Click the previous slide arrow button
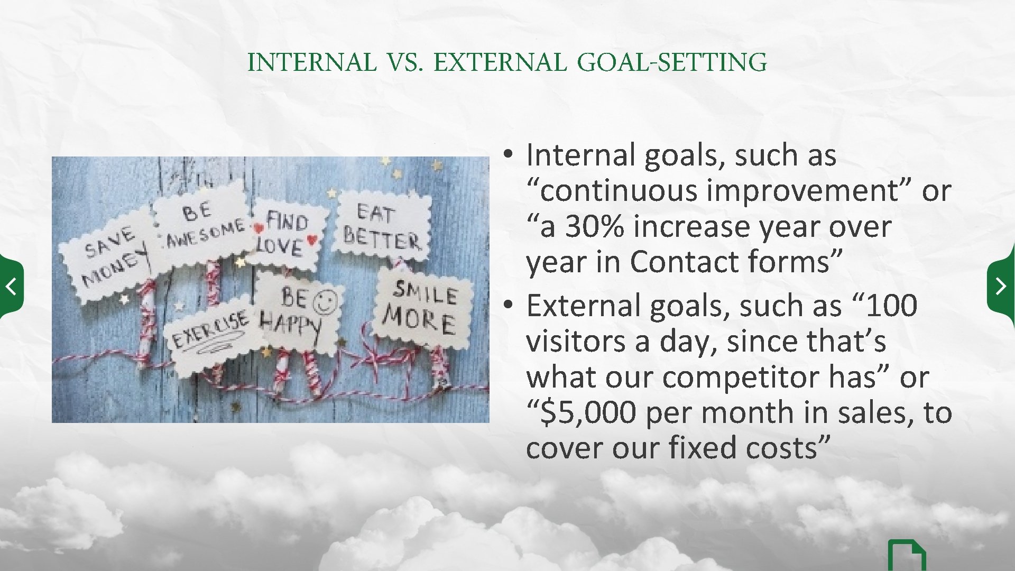(11, 287)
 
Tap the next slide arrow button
(1001, 286)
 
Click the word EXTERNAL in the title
(500, 62)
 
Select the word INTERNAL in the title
(312, 62)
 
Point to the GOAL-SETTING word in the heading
(671, 62)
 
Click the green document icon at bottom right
(906, 557)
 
